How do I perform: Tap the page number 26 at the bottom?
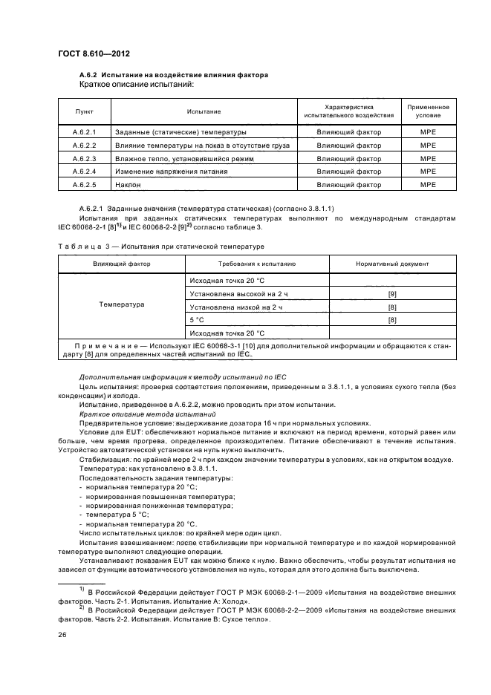click(x=62, y=635)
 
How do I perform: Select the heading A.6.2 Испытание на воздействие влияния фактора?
click(x=173, y=76)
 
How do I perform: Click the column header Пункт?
click(x=85, y=111)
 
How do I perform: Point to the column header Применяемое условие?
click(x=428, y=111)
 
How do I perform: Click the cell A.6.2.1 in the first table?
click(x=85, y=132)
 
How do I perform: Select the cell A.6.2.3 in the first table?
click(x=85, y=158)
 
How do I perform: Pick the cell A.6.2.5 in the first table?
click(x=85, y=183)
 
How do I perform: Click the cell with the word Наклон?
click(x=128, y=183)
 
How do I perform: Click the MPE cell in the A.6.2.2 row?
click(x=428, y=145)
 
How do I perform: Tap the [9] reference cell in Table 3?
click(x=392, y=295)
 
